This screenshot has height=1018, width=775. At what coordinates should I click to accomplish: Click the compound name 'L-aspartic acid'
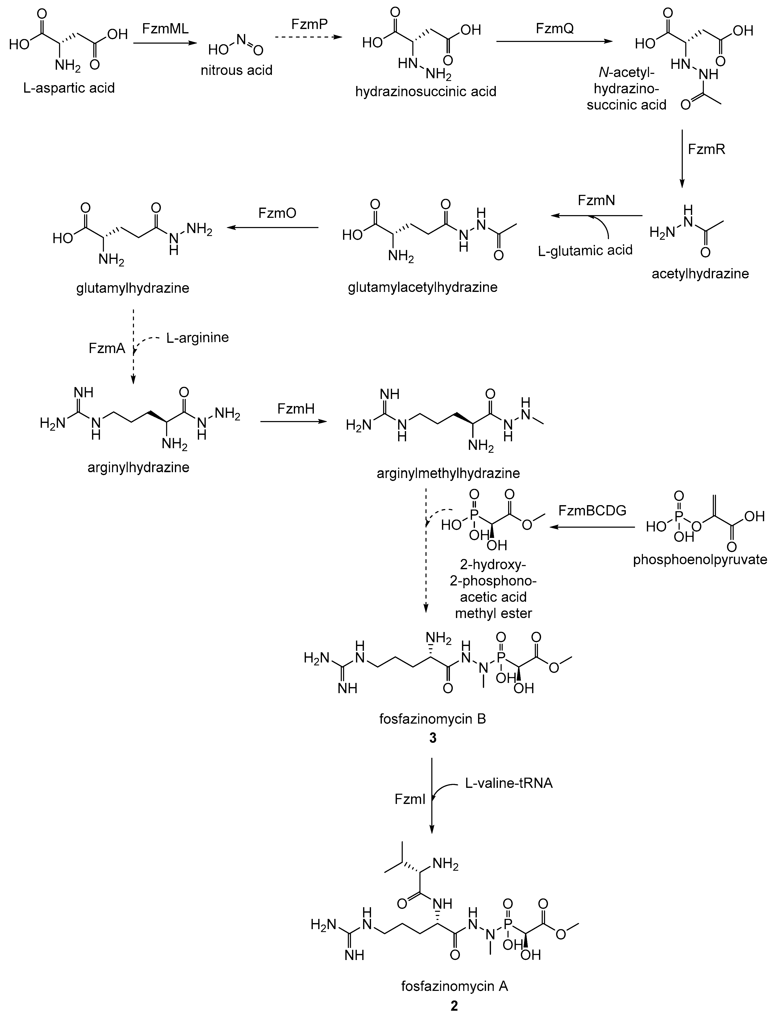coord(69,88)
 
